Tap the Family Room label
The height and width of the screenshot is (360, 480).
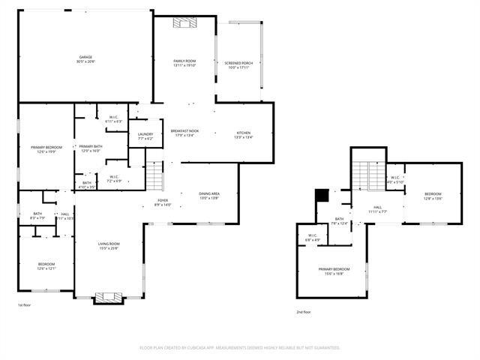[x=184, y=61]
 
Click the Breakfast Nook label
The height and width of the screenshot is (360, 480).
[x=184, y=130]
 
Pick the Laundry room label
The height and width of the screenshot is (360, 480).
[x=145, y=134]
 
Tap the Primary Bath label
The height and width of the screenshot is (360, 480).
[x=92, y=146]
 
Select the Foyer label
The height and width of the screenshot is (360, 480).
[x=163, y=200]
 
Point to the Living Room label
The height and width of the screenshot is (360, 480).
[x=109, y=244]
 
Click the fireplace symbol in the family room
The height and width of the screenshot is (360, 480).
[x=184, y=23]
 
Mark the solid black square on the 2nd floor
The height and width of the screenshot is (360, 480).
[x=322, y=194]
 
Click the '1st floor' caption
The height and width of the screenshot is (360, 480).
[x=25, y=305]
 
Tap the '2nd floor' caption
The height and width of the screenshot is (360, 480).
[x=304, y=312]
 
